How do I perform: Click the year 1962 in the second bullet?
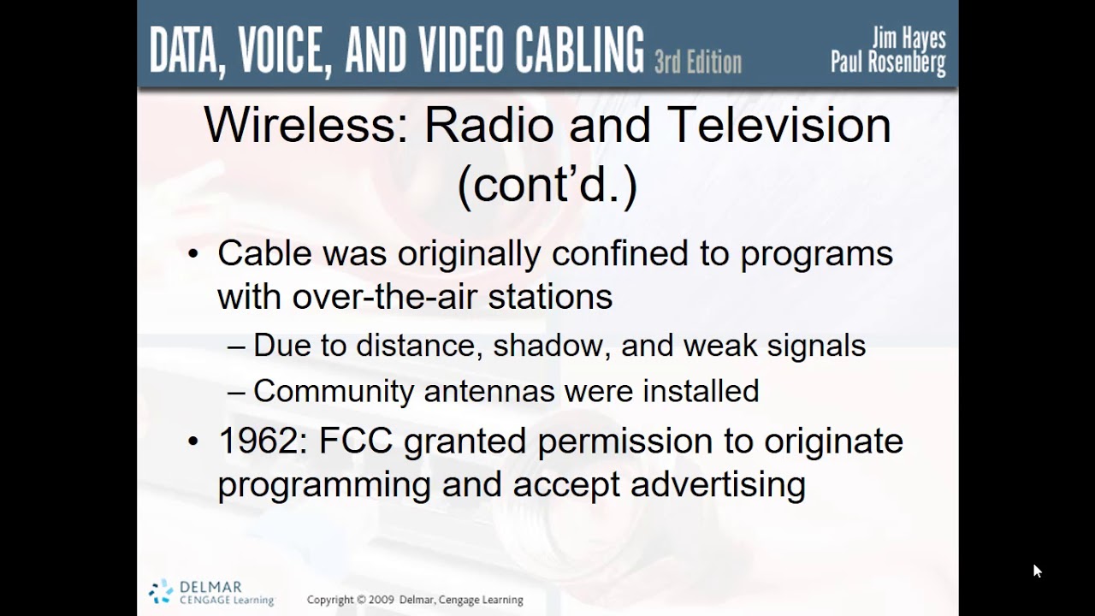coord(261,441)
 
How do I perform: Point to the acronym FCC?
coord(355,441)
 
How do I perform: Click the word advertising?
coord(718,485)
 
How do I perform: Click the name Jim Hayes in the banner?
coord(909,38)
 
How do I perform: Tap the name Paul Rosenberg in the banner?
coord(888,62)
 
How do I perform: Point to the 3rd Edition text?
coord(697,62)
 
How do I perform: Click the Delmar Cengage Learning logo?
coord(210,592)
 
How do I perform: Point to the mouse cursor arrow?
coord(1037,571)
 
